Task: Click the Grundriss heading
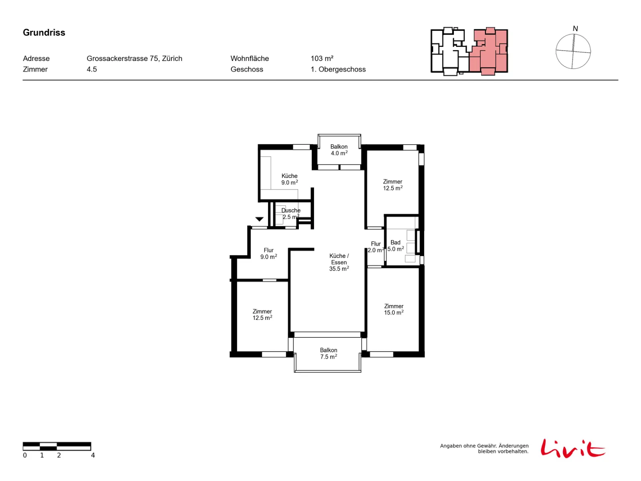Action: click(x=44, y=32)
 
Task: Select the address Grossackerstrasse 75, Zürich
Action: click(x=134, y=59)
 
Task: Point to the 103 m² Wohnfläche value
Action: click(x=322, y=59)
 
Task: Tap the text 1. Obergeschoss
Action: click(x=338, y=69)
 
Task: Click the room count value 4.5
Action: click(x=92, y=69)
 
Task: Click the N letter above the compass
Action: click(x=575, y=28)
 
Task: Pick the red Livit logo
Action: click(x=572, y=448)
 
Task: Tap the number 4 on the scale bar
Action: click(x=93, y=455)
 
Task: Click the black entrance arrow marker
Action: click(x=259, y=219)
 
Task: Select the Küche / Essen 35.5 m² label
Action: click(x=339, y=262)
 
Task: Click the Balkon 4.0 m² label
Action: click(x=339, y=150)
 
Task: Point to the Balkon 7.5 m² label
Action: click(x=329, y=353)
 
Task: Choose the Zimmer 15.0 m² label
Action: click(x=394, y=309)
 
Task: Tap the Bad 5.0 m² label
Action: click(x=395, y=246)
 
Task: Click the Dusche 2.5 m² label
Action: click(x=290, y=214)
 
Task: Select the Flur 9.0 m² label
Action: click(x=268, y=253)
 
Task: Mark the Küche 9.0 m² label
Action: click(x=289, y=179)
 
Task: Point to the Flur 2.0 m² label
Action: click(x=375, y=247)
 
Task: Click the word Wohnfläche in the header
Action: click(x=250, y=59)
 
